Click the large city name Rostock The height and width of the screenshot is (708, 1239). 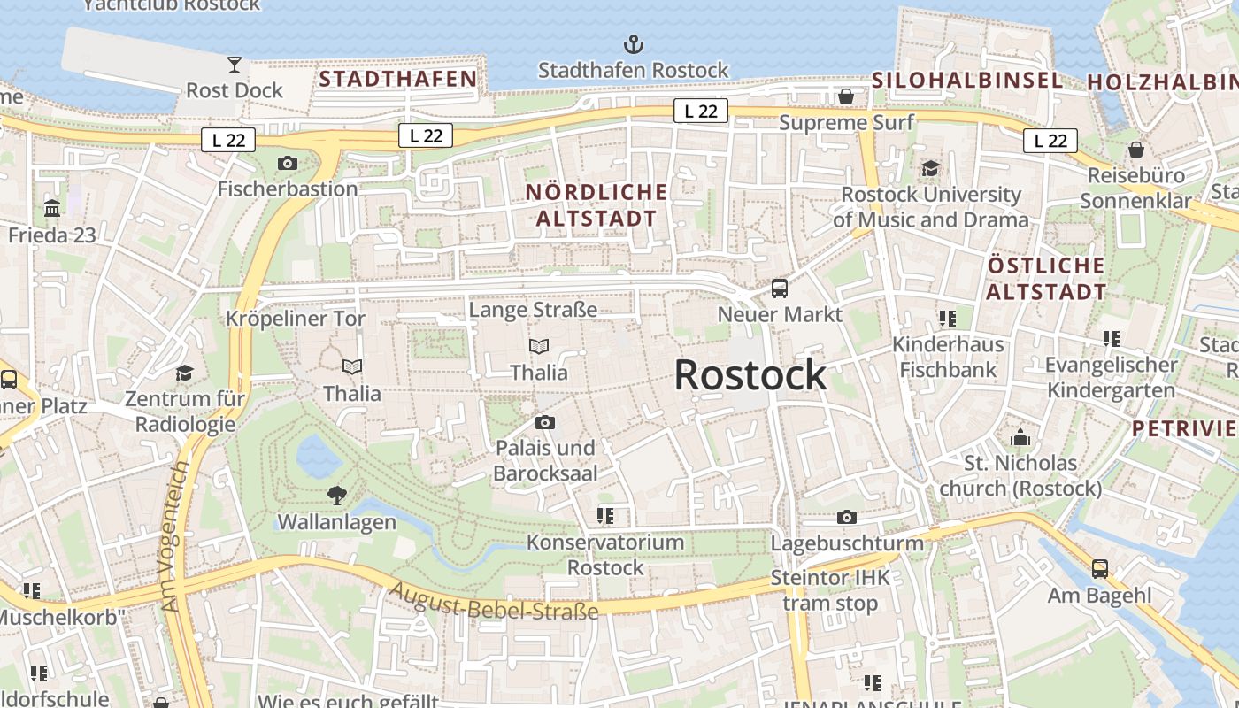(x=750, y=375)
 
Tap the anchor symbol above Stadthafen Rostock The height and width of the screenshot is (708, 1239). (x=633, y=44)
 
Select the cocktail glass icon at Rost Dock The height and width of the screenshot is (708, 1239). (x=235, y=65)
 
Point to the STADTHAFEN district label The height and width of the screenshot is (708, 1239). (x=398, y=79)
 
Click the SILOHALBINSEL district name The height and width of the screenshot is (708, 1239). (x=967, y=80)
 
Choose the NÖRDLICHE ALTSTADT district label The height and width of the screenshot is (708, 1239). (x=596, y=204)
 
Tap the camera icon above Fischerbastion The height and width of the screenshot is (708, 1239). (x=288, y=163)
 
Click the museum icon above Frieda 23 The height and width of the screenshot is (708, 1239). (x=52, y=210)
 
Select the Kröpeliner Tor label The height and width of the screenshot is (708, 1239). (x=296, y=319)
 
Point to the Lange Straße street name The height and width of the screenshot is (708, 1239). (x=533, y=310)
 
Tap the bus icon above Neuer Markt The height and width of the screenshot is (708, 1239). (x=780, y=288)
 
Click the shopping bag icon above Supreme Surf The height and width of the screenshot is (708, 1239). (x=846, y=96)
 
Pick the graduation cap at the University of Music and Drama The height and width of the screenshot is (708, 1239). (x=930, y=168)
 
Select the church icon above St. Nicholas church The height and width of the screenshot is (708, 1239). (x=1020, y=437)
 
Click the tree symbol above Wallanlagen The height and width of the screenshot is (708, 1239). (x=336, y=496)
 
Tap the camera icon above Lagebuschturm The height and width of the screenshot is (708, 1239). (x=847, y=517)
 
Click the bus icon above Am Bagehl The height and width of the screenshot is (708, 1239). (x=1099, y=569)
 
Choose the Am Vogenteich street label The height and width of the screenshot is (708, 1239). (x=176, y=536)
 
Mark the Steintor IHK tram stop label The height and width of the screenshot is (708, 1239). (x=830, y=590)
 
